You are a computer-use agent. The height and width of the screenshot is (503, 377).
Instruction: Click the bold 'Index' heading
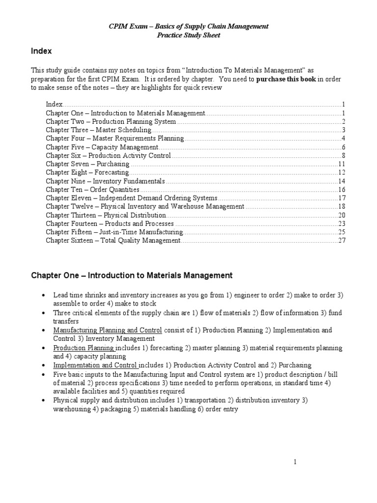tap(42, 51)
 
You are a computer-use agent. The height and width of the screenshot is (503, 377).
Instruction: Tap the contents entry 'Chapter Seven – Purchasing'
tap(87, 164)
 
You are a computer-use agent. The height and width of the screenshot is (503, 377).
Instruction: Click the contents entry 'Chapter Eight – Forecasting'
tap(87, 172)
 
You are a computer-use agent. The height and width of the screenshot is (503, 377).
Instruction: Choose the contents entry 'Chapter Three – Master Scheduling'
tap(99, 130)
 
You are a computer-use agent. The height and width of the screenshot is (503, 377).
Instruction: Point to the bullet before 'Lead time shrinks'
tap(44, 295)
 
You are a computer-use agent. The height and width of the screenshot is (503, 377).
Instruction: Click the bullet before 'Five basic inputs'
tap(44, 374)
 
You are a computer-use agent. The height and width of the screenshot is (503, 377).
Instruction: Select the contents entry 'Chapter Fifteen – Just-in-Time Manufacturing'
tap(114, 232)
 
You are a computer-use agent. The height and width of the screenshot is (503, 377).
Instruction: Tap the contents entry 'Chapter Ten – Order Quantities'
tap(93, 190)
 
